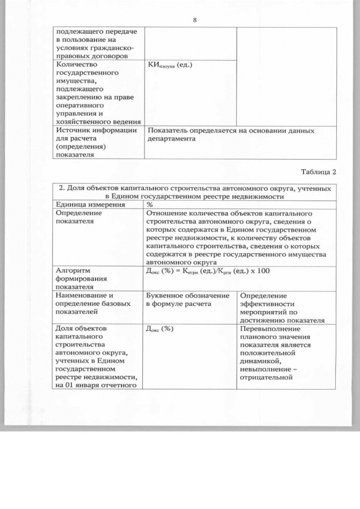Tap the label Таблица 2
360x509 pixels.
(318, 172)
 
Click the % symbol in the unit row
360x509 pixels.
(150, 205)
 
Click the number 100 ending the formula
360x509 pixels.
(263, 272)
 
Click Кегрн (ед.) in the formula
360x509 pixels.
(200, 272)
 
